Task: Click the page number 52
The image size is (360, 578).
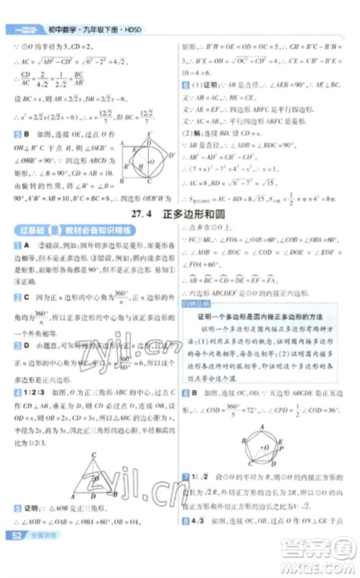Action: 14,555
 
